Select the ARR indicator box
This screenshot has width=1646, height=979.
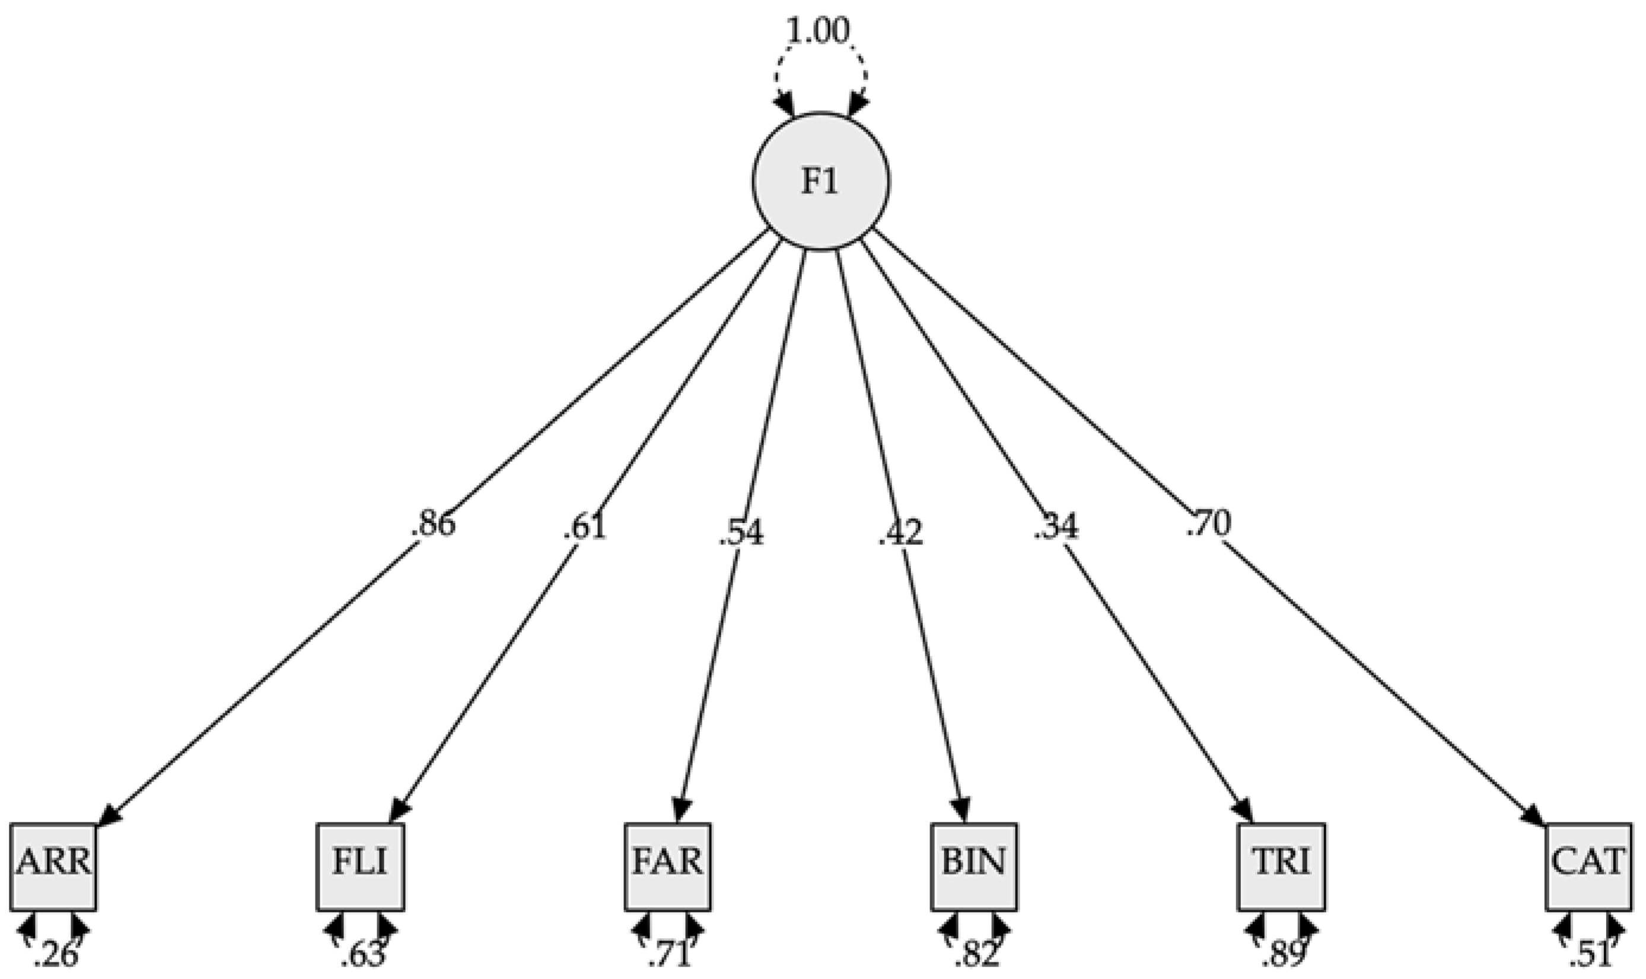53,866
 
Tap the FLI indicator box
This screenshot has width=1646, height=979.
360,866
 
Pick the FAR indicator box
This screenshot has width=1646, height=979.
668,866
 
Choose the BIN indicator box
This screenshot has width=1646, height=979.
975,866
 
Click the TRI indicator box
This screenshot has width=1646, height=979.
1281,866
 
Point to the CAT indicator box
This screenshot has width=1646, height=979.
1588,866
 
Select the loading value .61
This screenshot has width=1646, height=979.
584,528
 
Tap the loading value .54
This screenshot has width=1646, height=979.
741,532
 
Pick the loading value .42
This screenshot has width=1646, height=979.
900,532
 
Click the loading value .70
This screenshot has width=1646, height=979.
1209,524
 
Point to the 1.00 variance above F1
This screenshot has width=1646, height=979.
819,31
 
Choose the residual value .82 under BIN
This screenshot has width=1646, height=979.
976,955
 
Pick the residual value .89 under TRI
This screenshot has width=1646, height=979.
1283,955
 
